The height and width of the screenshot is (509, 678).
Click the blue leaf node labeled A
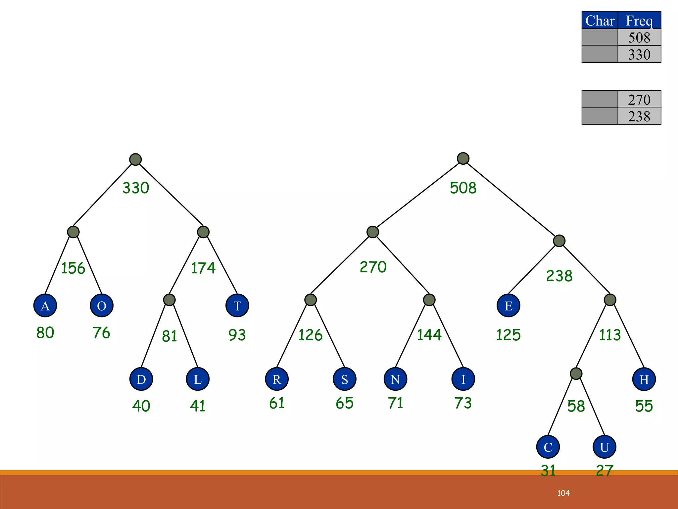point(45,305)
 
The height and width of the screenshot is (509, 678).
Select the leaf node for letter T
point(237,305)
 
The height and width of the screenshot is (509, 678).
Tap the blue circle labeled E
point(508,305)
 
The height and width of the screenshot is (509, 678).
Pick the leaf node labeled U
point(604,447)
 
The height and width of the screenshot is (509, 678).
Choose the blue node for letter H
point(644,379)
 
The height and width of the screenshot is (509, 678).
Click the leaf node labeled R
point(277,379)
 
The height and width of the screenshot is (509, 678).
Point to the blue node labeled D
point(141,379)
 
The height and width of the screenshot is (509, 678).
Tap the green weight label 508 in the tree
point(463,188)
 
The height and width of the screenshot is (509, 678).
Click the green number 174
point(203,268)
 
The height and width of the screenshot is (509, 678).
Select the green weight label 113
point(610,335)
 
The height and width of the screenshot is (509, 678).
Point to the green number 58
point(576,406)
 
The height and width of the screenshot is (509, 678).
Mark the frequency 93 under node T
point(237,335)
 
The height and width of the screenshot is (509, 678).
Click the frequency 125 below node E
point(508,335)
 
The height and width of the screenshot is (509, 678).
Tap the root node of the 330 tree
point(135,159)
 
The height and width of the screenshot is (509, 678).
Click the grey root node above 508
point(463,158)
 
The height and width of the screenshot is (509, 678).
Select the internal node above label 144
point(429,300)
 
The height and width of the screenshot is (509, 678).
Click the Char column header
point(600,21)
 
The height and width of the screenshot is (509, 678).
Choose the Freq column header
point(639,21)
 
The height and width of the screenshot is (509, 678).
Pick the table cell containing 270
point(639,99)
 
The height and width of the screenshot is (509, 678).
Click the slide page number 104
point(563,493)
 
